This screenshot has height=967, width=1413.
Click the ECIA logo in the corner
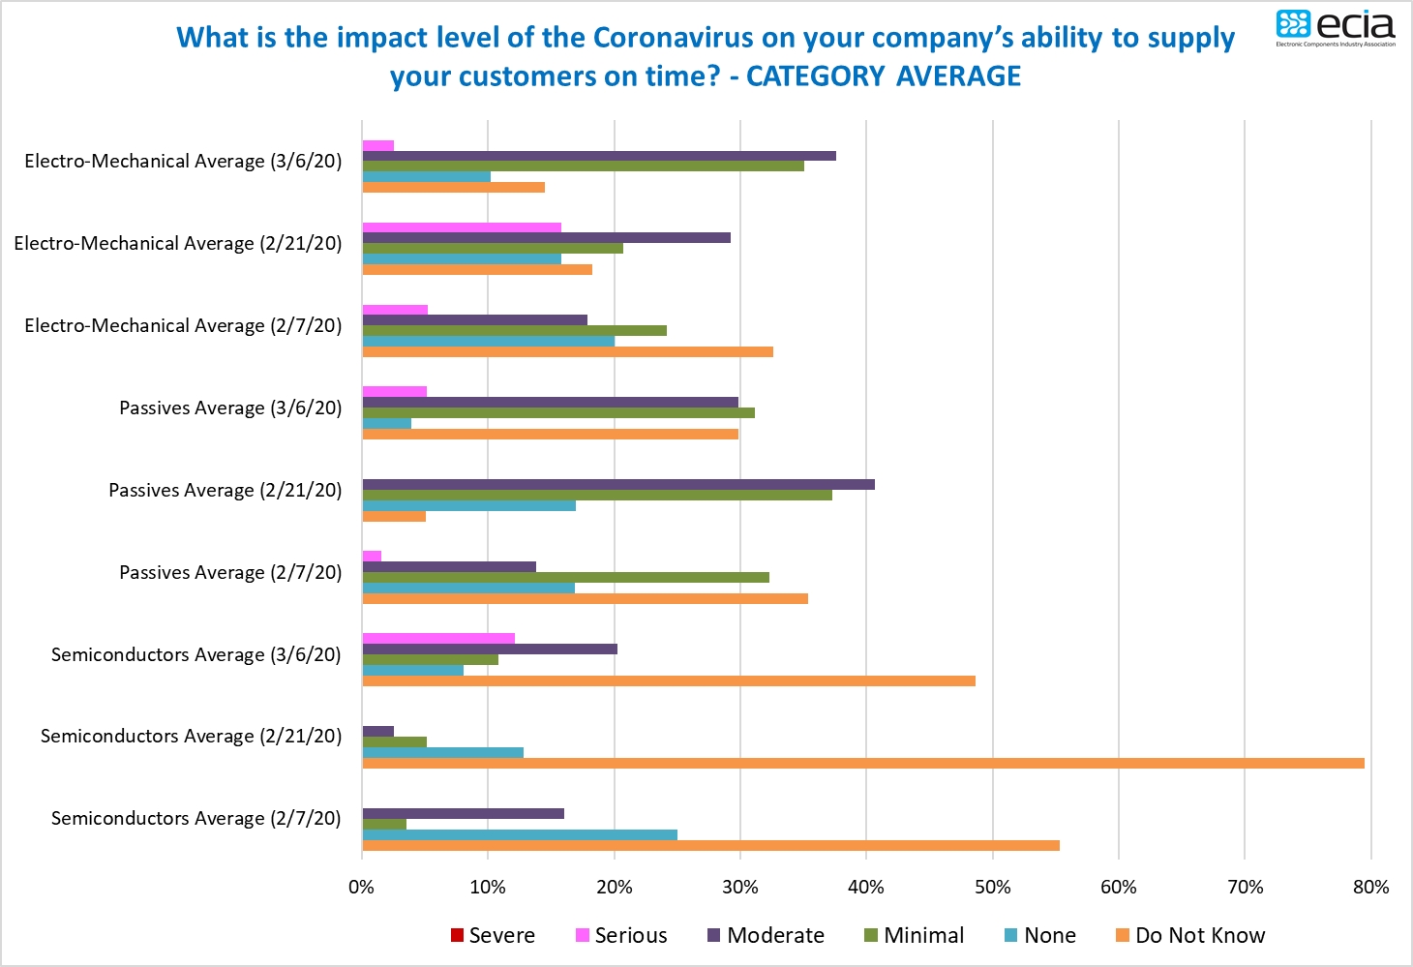[x=1336, y=27]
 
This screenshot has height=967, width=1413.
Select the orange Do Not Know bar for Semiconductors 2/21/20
[x=862, y=763]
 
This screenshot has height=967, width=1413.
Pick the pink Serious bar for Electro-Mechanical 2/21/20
[x=462, y=227]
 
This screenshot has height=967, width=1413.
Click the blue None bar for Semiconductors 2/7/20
[x=520, y=834]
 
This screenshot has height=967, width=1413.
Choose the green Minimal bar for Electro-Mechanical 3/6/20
[x=583, y=166]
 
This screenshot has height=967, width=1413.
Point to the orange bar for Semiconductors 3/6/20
[x=668, y=680]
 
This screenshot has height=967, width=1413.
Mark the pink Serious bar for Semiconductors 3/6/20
[x=438, y=638]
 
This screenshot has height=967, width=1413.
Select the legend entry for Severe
[x=493, y=935]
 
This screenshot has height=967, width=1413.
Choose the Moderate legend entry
[x=766, y=935]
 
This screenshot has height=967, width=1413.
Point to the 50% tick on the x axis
[x=992, y=887]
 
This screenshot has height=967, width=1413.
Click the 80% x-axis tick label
[x=1370, y=887]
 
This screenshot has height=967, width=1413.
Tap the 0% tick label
[x=362, y=887]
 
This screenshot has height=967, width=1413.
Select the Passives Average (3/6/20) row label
[x=230, y=408]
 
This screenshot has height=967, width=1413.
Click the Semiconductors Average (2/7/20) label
[x=196, y=818]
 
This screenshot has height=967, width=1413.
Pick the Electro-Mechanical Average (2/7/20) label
[x=183, y=325]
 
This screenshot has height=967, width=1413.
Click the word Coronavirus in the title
[x=673, y=37]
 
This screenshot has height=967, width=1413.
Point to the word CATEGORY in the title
[x=816, y=76]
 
